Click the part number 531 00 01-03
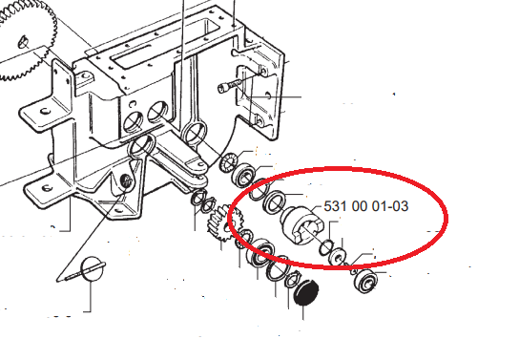[x=365, y=206]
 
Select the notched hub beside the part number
[x=302, y=225]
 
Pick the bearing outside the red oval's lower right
[x=365, y=282]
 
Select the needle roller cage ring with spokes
[x=228, y=162]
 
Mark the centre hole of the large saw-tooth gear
[x=23, y=42]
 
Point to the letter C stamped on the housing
[x=133, y=104]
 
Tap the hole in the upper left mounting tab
[x=45, y=111]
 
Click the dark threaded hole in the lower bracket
[x=127, y=180]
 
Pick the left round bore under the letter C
[x=133, y=121]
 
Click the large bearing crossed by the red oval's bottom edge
[x=261, y=253]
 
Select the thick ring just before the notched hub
[x=275, y=202]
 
